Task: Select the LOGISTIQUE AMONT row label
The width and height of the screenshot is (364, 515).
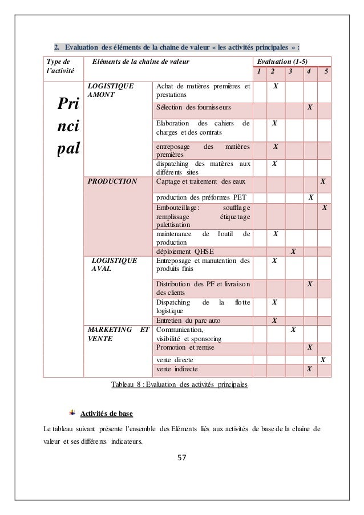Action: click(111, 91)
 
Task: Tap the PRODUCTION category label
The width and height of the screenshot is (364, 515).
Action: click(112, 182)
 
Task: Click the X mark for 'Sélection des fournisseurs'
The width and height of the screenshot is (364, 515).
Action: click(310, 107)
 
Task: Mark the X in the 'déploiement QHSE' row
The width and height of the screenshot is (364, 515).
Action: click(293, 250)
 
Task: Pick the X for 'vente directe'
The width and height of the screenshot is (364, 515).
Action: click(323, 360)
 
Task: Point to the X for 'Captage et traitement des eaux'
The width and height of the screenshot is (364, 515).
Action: click(323, 182)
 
